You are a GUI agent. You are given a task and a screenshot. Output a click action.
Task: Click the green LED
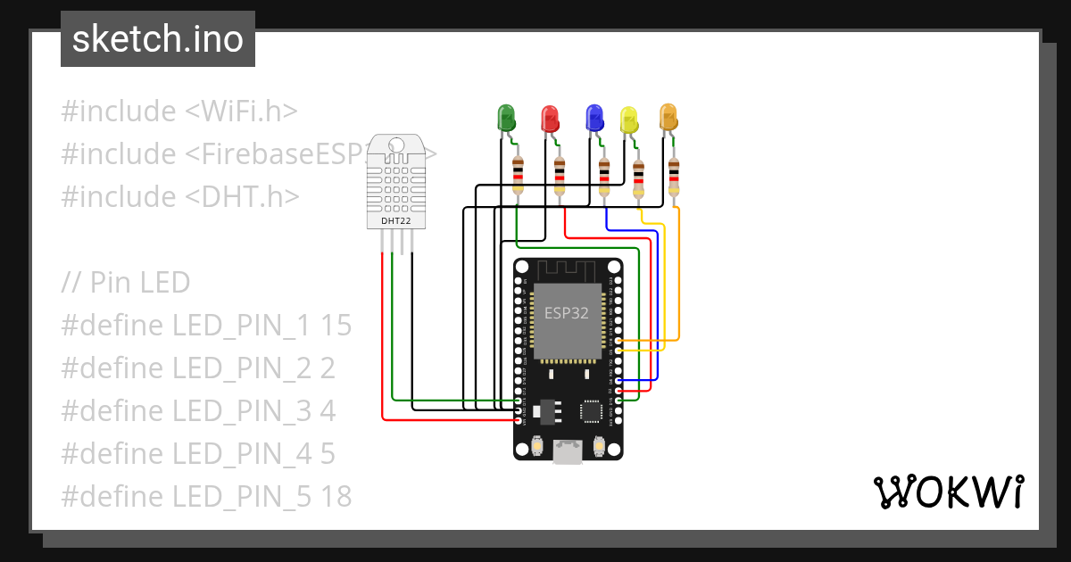(x=506, y=117)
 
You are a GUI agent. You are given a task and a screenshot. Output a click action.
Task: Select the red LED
(x=549, y=118)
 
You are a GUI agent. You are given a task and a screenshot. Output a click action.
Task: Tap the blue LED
(x=594, y=117)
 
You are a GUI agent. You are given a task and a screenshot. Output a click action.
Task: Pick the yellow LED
(x=629, y=120)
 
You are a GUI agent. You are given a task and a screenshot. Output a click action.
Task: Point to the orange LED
(x=668, y=116)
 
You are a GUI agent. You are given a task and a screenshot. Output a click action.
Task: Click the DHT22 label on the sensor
(x=396, y=220)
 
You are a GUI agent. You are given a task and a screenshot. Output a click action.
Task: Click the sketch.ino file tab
(x=158, y=39)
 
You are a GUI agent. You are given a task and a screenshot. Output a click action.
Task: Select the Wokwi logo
(x=948, y=492)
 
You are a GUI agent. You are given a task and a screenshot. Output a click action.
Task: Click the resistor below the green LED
(x=518, y=175)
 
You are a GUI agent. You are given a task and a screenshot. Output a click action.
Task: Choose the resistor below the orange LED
(x=674, y=177)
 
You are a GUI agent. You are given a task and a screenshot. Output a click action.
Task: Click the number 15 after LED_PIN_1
(x=336, y=326)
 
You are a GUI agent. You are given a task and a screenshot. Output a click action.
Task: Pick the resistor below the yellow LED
(x=638, y=178)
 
